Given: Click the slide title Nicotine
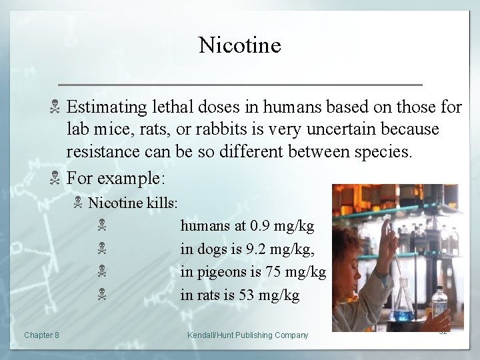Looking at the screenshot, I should coord(239,45).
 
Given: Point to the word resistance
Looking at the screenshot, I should coord(101,151).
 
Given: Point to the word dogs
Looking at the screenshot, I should coord(209,249).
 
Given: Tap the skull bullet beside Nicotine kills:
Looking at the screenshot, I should coord(79,202).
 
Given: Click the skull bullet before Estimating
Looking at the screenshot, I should coord(56,107).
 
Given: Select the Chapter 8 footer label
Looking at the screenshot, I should coord(41,335).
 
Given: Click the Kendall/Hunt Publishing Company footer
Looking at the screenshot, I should coord(248,335).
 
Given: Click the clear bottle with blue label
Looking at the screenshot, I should coord(440,306).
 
